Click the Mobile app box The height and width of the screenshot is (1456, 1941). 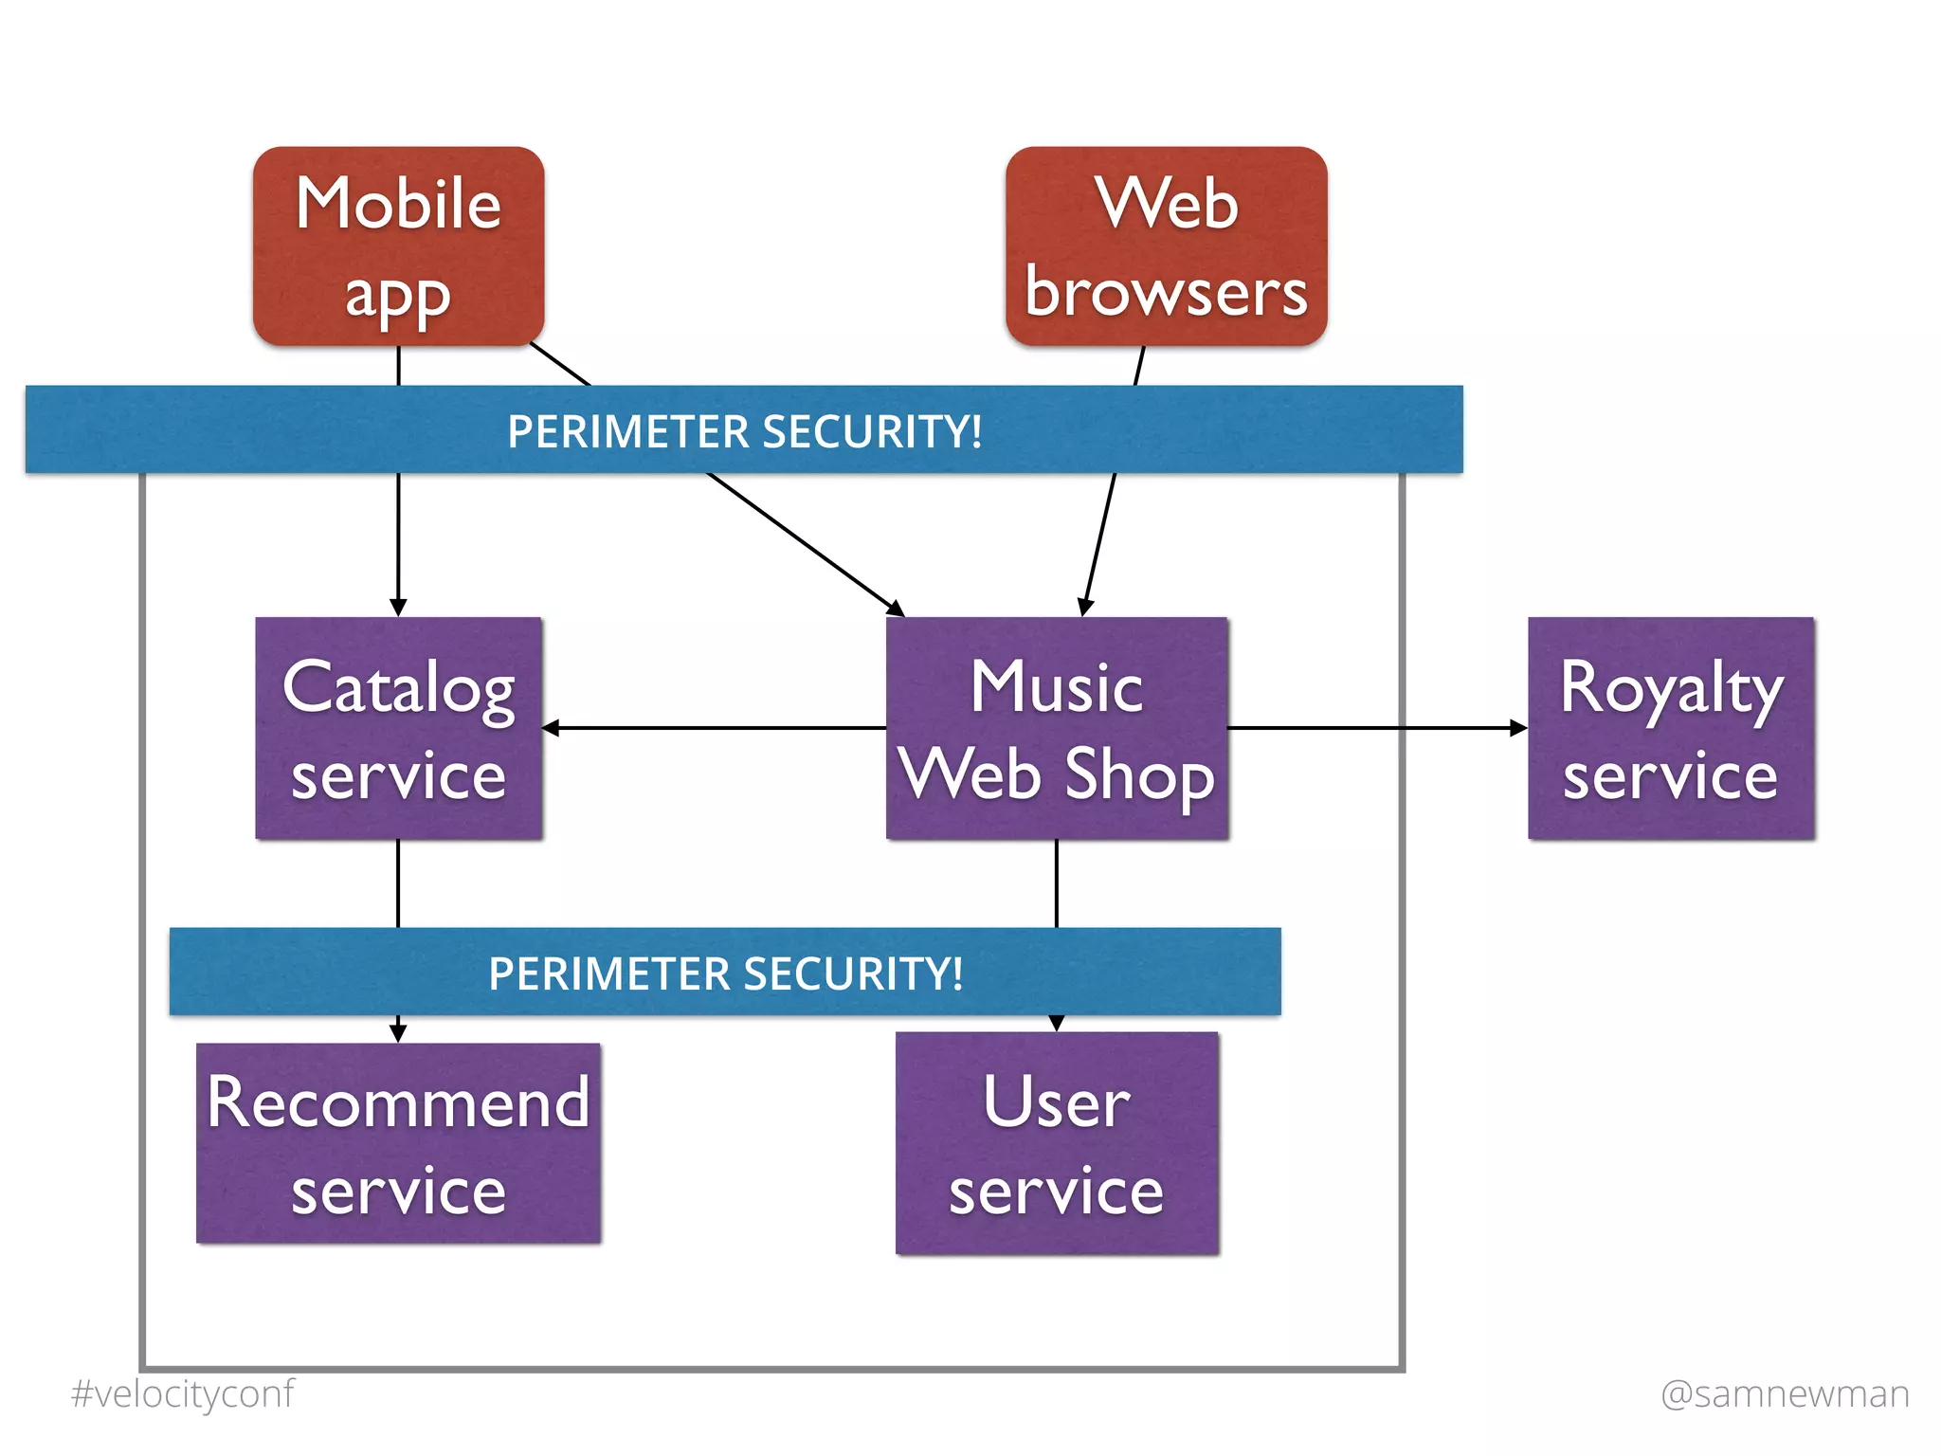click(x=398, y=246)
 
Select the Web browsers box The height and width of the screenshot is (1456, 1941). click(x=1166, y=246)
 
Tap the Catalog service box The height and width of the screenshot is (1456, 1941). click(x=398, y=728)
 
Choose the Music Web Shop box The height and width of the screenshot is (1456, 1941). click(x=1057, y=728)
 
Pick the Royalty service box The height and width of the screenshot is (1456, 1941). click(x=1670, y=728)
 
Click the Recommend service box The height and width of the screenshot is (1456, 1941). click(x=398, y=1142)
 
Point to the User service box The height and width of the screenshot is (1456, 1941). click(x=1057, y=1142)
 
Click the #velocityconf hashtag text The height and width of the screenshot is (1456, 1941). click(x=183, y=1393)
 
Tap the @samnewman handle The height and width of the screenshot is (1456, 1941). click(x=1785, y=1393)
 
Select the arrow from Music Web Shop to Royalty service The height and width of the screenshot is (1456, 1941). click(x=1374, y=728)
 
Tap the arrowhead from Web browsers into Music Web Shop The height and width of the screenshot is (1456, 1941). click(x=1085, y=608)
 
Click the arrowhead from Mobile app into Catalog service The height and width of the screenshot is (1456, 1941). click(x=398, y=608)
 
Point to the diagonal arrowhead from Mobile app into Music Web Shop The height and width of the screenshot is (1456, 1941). click(x=896, y=608)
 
